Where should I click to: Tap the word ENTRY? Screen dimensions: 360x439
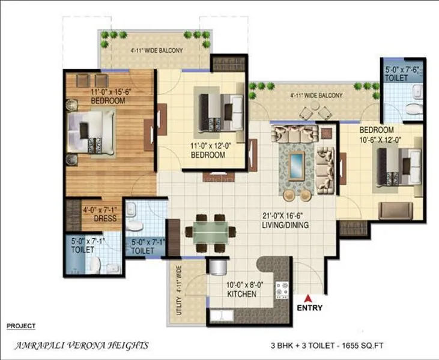pos(310,308)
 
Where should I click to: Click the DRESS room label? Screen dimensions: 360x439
pos(105,218)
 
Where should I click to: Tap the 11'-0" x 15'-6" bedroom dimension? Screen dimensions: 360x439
pos(108,92)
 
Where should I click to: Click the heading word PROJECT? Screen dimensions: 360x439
pos(20,326)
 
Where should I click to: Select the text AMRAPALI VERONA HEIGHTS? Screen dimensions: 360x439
pos(80,346)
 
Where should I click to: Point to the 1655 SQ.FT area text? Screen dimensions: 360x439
pos(371,346)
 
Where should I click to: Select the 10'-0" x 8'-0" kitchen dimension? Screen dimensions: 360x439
pos(241,285)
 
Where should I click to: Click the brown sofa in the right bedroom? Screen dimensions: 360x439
pos(395,210)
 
